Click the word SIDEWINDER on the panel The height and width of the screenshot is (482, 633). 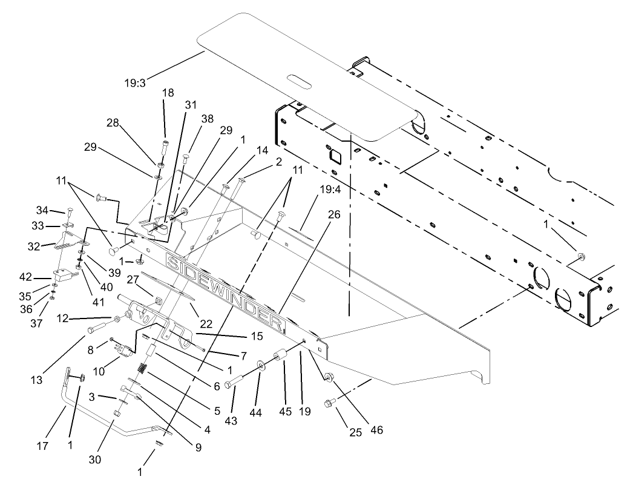(x=225, y=291)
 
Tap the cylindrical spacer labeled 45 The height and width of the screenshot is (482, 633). (x=280, y=355)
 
